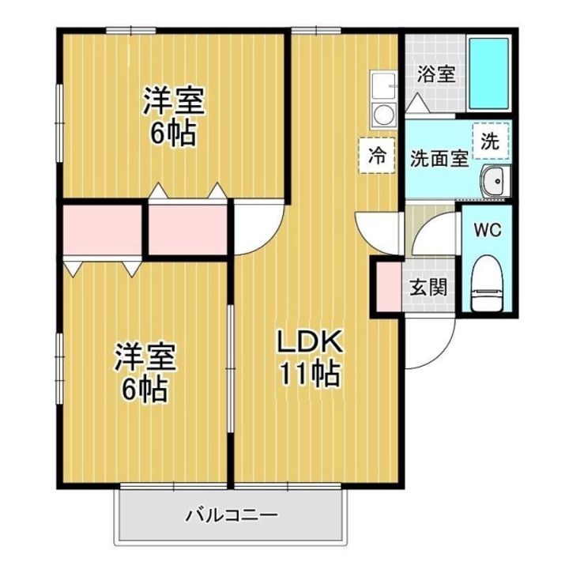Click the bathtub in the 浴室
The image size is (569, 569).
tap(489, 73)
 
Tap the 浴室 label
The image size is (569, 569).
tap(435, 74)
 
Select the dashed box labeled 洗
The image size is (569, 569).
tap(491, 141)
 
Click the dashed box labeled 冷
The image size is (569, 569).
tap(377, 156)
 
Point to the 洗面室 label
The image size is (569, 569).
tap(439, 159)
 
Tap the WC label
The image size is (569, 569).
tap(488, 230)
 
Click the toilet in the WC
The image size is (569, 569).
tap(488, 282)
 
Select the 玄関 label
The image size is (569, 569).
tap(428, 288)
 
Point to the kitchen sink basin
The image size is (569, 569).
tap(383, 85)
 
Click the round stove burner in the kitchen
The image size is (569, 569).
tap(383, 115)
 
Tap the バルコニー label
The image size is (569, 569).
tap(232, 515)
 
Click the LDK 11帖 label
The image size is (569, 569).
tap(311, 357)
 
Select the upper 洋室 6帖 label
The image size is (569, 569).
tap(174, 116)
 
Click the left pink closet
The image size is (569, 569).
tap(102, 230)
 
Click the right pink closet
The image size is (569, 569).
tap(187, 230)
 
